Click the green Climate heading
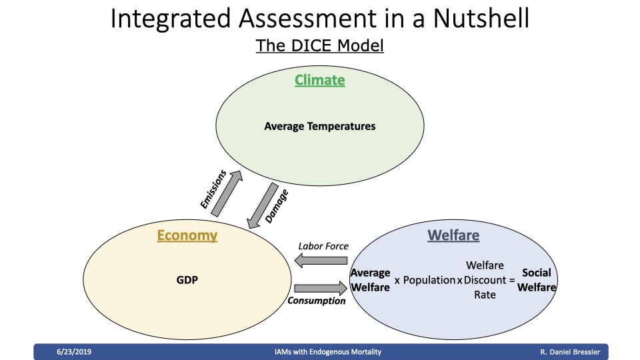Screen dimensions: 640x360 [x=319, y=80]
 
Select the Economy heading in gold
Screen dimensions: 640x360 [x=187, y=235]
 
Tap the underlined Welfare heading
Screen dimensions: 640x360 [x=453, y=235]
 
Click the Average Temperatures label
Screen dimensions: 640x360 [x=319, y=126]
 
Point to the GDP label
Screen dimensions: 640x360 [x=187, y=280]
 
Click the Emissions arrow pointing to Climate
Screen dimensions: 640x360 [x=227, y=193]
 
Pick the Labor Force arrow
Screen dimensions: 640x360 [x=321, y=261]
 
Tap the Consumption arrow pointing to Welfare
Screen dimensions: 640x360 [x=321, y=289]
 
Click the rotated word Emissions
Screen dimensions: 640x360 [x=213, y=189]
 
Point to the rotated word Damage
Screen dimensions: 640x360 [x=276, y=206]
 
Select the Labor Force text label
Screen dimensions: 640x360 [x=323, y=246]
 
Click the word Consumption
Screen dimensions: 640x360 [x=316, y=301]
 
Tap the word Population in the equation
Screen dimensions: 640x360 [x=429, y=281]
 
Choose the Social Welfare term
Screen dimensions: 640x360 [x=536, y=280]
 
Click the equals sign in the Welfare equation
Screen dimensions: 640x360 [x=512, y=281]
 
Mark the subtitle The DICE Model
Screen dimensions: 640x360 [x=319, y=45]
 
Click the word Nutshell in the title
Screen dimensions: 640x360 [x=481, y=19]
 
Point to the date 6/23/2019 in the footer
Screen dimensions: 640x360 [x=74, y=352]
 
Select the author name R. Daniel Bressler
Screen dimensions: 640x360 [x=570, y=352]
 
